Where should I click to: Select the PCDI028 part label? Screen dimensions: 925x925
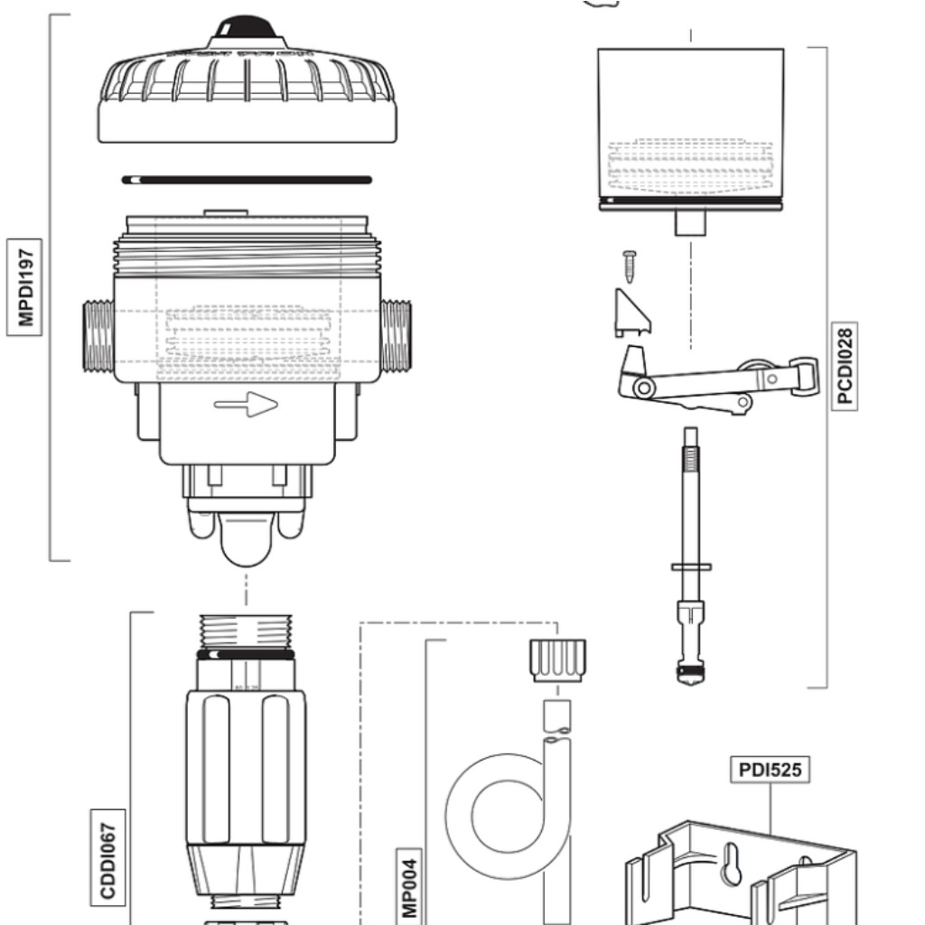(x=846, y=367)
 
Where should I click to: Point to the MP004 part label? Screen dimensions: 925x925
(x=408, y=885)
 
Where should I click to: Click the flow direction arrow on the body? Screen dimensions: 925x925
(x=246, y=405)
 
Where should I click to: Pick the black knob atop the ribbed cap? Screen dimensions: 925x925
(x=247, y=26)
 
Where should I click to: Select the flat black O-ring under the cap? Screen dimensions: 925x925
(x=247, y=180)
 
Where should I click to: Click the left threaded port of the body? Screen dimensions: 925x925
(x=98, y=337)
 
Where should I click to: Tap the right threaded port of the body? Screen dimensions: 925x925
(x=396, y=337)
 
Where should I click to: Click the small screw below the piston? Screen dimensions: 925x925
(x=630, y=266)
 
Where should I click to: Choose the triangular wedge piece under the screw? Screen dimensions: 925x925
(x=632, y=313)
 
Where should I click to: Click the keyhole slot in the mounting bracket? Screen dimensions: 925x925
(x=733, y=864)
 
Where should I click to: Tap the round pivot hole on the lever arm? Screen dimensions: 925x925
(x=644, y=388)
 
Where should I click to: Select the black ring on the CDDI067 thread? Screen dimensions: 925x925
(x=246, y=654)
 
